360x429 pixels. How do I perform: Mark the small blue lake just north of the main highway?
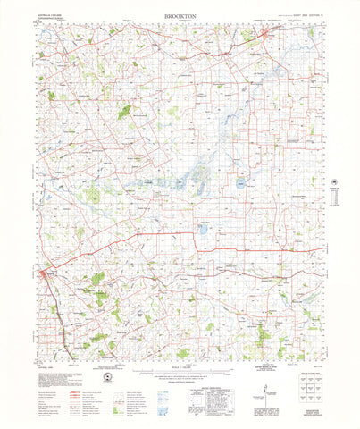coord(202,228)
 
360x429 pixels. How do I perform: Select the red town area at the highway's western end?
coord(52,273)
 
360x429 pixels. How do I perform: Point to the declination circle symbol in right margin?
coord(337,175)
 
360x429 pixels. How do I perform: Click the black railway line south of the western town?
coord(59,313)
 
